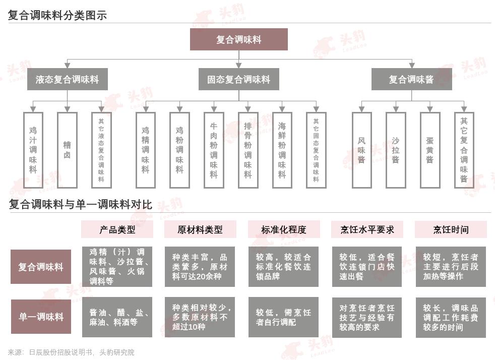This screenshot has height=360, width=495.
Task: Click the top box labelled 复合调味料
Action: pos(238,39)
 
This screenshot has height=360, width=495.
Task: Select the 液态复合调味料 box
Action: pos(67,80)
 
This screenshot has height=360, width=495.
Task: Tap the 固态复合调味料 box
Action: pos(238,80)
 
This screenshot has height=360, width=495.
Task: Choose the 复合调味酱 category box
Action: pos(411,80)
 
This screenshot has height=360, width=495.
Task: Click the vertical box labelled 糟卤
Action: pos(67,150)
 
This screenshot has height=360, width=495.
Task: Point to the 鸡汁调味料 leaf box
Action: pos(33,150)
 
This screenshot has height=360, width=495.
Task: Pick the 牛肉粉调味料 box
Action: pos(214,150)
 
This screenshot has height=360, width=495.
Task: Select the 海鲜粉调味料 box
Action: pos(282,150)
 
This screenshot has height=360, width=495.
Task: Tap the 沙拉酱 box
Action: pos(395,150)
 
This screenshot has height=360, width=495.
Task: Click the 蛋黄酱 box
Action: pos(429,150)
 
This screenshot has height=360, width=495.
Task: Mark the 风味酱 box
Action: pos(361,150)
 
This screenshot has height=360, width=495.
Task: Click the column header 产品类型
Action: pos(117,229)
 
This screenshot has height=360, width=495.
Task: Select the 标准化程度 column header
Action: pos(283,229)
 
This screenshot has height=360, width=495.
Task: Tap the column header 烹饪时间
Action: pos(451,229)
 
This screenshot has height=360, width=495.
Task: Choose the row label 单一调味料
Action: pos(41,317)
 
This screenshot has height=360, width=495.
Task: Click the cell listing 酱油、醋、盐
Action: pos(117,317)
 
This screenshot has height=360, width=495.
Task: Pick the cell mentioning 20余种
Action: pos(200,267)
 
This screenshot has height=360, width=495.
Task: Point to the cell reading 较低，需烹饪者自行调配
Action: pos(283,317)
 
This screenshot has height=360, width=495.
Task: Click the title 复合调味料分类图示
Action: pos(57,15)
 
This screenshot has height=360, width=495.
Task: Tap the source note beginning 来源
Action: pos(71,352)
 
